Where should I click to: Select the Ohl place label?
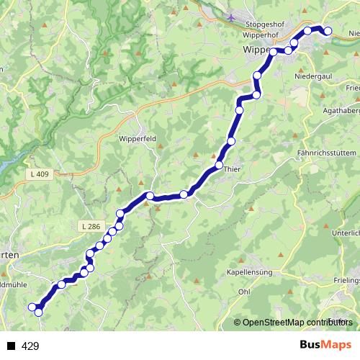(244, 292)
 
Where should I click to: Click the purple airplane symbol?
(230, 17)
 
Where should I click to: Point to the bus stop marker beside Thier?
(219, 166)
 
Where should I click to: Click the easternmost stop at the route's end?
(328, 31)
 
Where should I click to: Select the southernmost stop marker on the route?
(38, 312)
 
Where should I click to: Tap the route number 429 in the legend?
(30, 346)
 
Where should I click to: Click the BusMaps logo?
(325, 346)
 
